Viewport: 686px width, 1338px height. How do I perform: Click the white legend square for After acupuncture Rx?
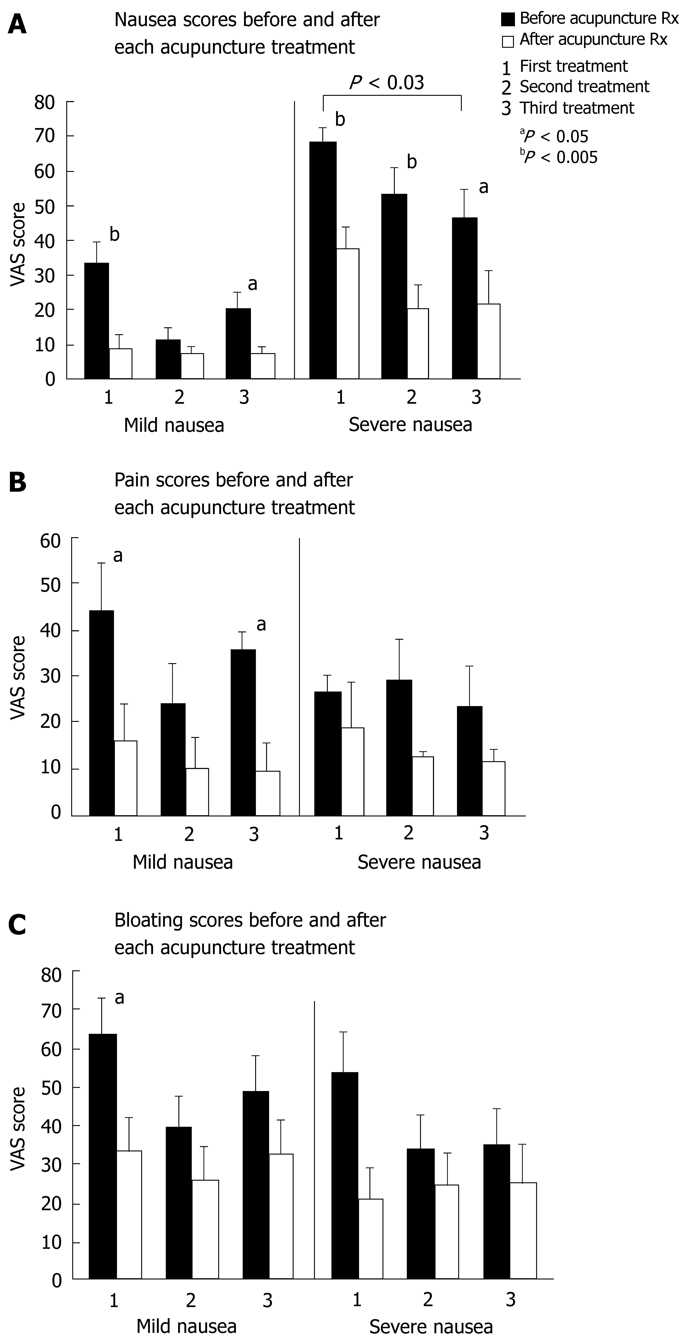click(x=508, y=41)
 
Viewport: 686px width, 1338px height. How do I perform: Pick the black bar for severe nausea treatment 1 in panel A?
click(x=323, y=260)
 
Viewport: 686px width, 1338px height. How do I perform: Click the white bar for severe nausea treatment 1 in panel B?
click(x=352, y=771)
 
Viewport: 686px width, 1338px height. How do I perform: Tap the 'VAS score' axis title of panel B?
click(x=18, y=678)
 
